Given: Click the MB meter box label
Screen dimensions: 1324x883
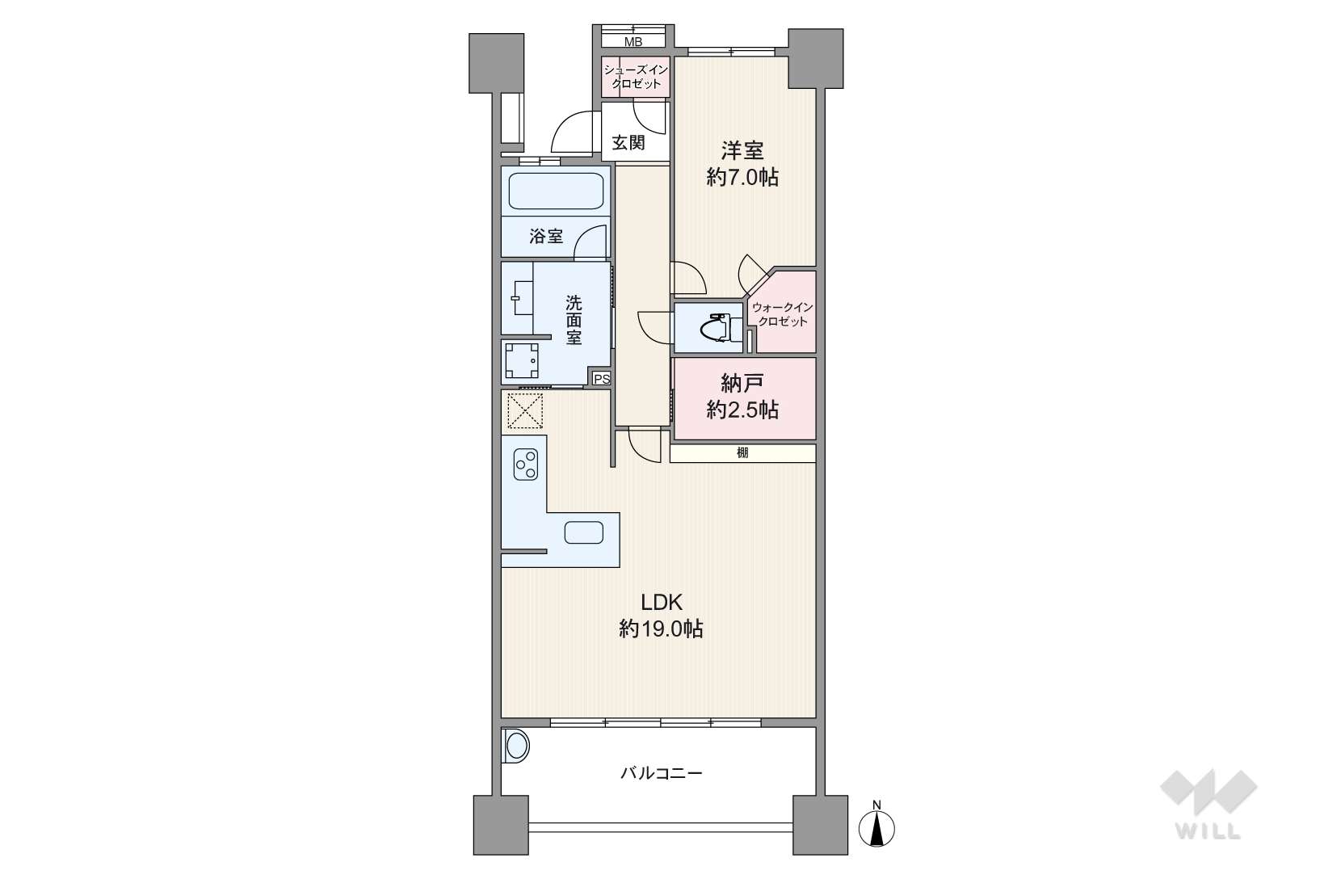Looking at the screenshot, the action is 633,42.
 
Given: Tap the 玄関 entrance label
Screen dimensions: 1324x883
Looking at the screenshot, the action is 628,142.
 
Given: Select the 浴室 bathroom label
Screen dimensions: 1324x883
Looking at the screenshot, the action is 546,237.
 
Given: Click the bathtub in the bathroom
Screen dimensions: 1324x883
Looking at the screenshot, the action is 556,191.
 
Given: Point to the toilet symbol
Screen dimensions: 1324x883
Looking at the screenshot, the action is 717,326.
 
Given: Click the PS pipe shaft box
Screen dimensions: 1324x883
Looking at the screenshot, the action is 602,379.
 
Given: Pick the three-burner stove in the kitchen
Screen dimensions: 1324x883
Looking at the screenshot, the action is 525,464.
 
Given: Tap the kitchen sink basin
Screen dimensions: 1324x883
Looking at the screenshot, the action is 583,532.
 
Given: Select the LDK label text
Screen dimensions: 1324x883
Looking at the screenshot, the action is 662,602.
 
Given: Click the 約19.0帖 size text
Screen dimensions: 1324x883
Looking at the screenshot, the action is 661,629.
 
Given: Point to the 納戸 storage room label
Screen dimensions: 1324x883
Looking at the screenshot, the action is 742,384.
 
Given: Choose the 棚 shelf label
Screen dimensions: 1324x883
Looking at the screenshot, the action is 743,452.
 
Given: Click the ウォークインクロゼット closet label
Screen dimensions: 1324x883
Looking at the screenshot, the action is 783,314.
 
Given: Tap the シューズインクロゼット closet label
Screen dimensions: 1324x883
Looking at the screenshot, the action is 636,77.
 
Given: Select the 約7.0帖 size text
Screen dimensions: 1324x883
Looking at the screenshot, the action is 742,177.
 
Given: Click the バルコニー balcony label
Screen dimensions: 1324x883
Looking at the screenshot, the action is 662,773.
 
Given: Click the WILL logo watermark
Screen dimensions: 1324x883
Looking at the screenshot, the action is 1208,804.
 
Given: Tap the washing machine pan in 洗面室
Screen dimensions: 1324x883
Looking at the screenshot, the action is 522,360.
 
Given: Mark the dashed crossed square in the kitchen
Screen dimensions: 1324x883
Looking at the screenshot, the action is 525,410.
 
